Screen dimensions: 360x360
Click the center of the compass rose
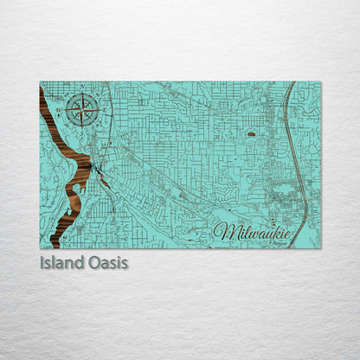coord(82,110)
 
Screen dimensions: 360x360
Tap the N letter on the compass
coord(82,94)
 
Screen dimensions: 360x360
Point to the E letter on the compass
coord(98,110)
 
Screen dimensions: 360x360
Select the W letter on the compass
coord(67,110)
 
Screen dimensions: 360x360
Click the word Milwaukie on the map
coord(254,232)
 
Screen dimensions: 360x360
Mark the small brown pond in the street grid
coord(251,134)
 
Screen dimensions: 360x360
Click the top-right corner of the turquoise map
coord(320,82)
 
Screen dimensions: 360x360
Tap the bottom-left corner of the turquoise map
coord(40,248)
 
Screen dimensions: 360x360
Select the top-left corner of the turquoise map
coord(40,82)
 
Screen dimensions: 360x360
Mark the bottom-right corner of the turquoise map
coord(320,248)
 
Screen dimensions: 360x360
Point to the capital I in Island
coord(42,262)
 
